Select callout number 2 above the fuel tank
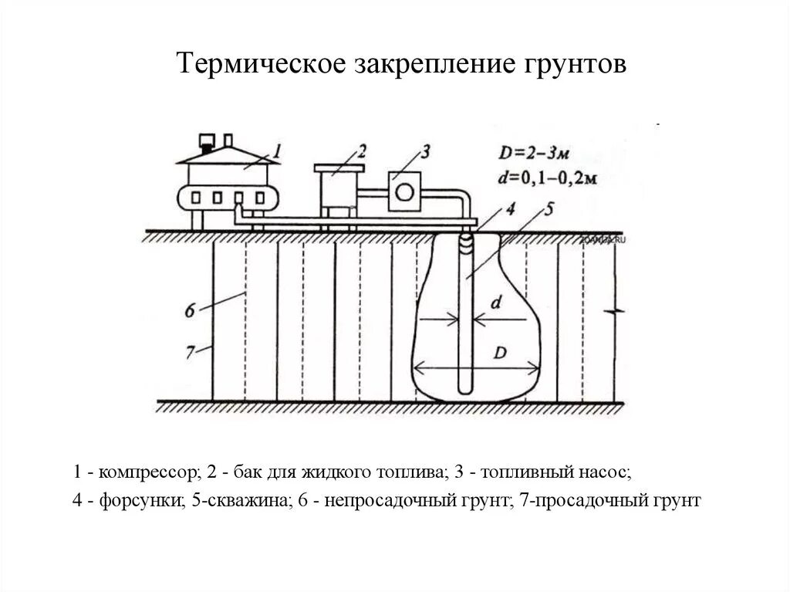click(x=362, y=148)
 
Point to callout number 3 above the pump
click(x=424, y=148)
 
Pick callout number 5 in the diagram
click(x=548, y=208)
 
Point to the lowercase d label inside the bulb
click(x=497, y=303)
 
